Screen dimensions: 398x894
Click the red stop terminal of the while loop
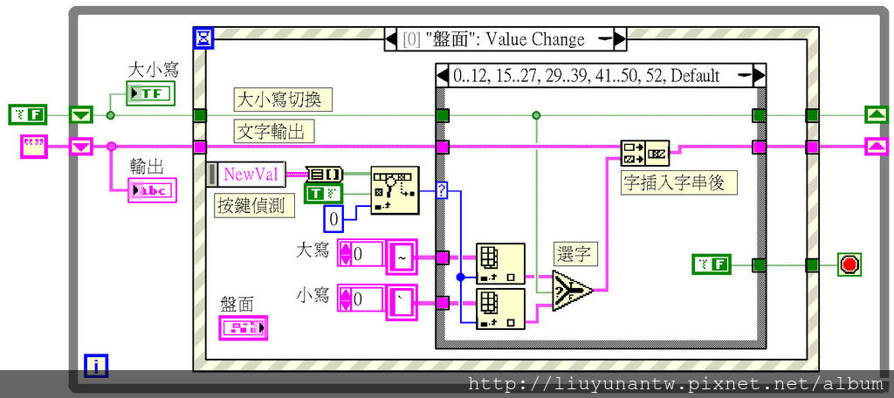point(849,264)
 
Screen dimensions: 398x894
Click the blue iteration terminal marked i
point(95,366)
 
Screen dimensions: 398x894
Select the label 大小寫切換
point(278,99)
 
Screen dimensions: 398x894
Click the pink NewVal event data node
point(251,175)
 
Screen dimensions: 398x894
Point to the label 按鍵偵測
point(255,206)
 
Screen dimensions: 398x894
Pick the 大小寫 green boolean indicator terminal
point(150,93)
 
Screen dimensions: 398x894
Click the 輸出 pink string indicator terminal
point(150,190)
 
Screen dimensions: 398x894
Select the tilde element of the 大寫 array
point(402,257)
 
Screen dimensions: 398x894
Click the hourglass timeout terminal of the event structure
point(203,38)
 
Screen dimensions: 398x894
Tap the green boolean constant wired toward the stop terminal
point(712,264)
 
